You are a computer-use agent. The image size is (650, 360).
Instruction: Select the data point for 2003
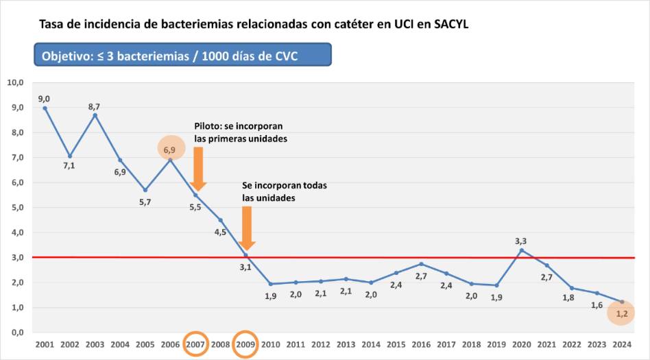click(95, 115)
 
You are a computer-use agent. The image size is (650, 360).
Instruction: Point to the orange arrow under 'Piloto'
click(197, 169)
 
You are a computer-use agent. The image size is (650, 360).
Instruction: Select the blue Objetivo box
click(183, 56)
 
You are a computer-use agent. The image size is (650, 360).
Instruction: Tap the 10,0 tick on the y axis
click(16, 83)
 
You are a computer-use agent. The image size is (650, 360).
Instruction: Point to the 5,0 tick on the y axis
click(16, 208)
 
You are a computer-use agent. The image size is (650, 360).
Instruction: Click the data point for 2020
click(521, 250)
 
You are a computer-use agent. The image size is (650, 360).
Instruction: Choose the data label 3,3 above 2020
click(521, 241)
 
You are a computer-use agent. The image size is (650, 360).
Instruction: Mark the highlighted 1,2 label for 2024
click(621, 313)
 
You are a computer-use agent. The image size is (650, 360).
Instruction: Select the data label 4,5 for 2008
click(221, 232)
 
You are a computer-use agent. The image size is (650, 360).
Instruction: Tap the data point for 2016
click(421, 264)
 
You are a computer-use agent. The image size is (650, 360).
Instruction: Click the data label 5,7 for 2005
click(145, 202)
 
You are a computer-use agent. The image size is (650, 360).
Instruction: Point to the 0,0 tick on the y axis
click(16, 333)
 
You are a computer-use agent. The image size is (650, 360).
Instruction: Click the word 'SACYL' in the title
click(453, 25)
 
